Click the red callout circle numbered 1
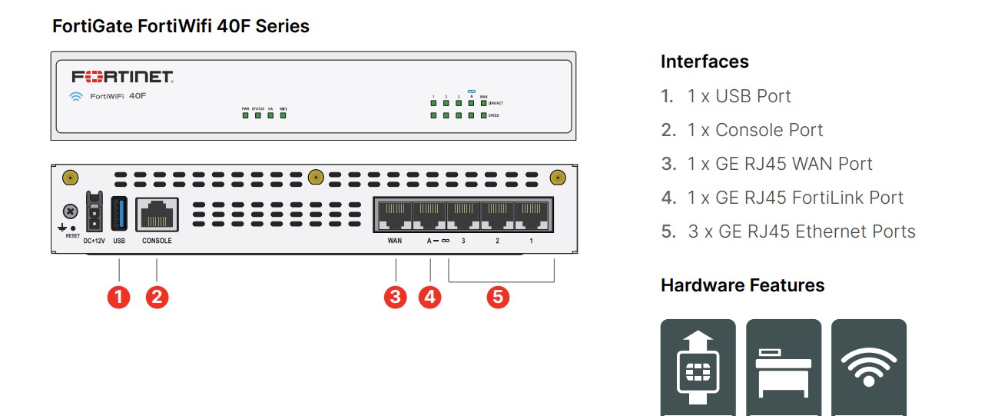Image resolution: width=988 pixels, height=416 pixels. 118,297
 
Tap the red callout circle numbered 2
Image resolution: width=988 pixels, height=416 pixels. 157,297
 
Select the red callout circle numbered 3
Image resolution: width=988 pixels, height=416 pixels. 395,297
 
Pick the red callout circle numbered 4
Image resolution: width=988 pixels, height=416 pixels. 429,297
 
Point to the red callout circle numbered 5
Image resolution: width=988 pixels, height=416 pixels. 498,297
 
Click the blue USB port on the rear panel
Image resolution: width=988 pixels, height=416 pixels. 119,213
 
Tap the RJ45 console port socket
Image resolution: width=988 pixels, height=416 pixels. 157,214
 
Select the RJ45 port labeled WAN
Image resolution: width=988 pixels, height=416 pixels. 394,215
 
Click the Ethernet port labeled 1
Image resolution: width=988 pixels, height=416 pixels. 532,215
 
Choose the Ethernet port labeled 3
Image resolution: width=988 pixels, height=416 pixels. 463,215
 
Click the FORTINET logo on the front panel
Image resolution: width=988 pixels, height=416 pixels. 122,77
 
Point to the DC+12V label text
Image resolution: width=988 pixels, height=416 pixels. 94,241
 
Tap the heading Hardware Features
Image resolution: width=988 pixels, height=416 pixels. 742,285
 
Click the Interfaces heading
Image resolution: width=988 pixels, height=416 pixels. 705,62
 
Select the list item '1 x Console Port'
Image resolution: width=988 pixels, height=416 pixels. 755,130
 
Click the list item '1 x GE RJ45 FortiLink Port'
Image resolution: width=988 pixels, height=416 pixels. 795,198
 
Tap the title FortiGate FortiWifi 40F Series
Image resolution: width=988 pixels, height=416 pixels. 181,26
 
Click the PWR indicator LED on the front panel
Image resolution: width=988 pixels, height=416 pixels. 246,116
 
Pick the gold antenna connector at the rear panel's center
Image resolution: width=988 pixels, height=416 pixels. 314,178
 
